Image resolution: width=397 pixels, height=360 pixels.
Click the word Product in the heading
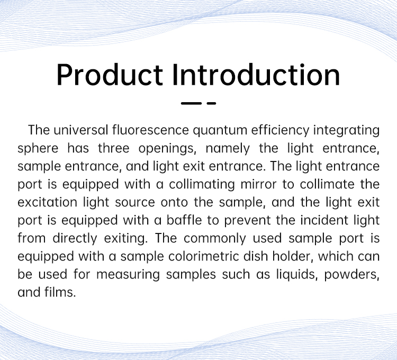(x=110, y=75)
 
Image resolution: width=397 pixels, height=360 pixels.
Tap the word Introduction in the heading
(x=256, y=75)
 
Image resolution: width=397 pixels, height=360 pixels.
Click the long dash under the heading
(x=191, y=103)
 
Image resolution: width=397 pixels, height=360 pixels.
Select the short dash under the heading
(x=211, y=103)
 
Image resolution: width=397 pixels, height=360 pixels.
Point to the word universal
(x=81, y=130)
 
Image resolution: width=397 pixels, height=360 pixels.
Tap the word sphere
(x=38, y=149)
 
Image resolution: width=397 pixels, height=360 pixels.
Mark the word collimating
(x=202, y=185)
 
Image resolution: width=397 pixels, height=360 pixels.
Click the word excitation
(x=47, y=202)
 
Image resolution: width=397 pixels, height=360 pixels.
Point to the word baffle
(x=184, y=220)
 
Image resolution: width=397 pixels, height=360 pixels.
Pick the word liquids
(x=297, y=275)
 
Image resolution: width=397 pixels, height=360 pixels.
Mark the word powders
(x=351, y=275)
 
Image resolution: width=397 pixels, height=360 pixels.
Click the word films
(x=60, y=292)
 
